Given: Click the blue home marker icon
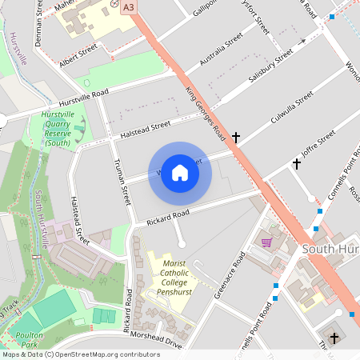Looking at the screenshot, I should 180,172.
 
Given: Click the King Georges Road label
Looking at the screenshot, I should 206,112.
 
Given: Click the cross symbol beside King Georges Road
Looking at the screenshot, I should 236,138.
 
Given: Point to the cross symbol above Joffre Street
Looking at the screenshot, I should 296,164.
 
